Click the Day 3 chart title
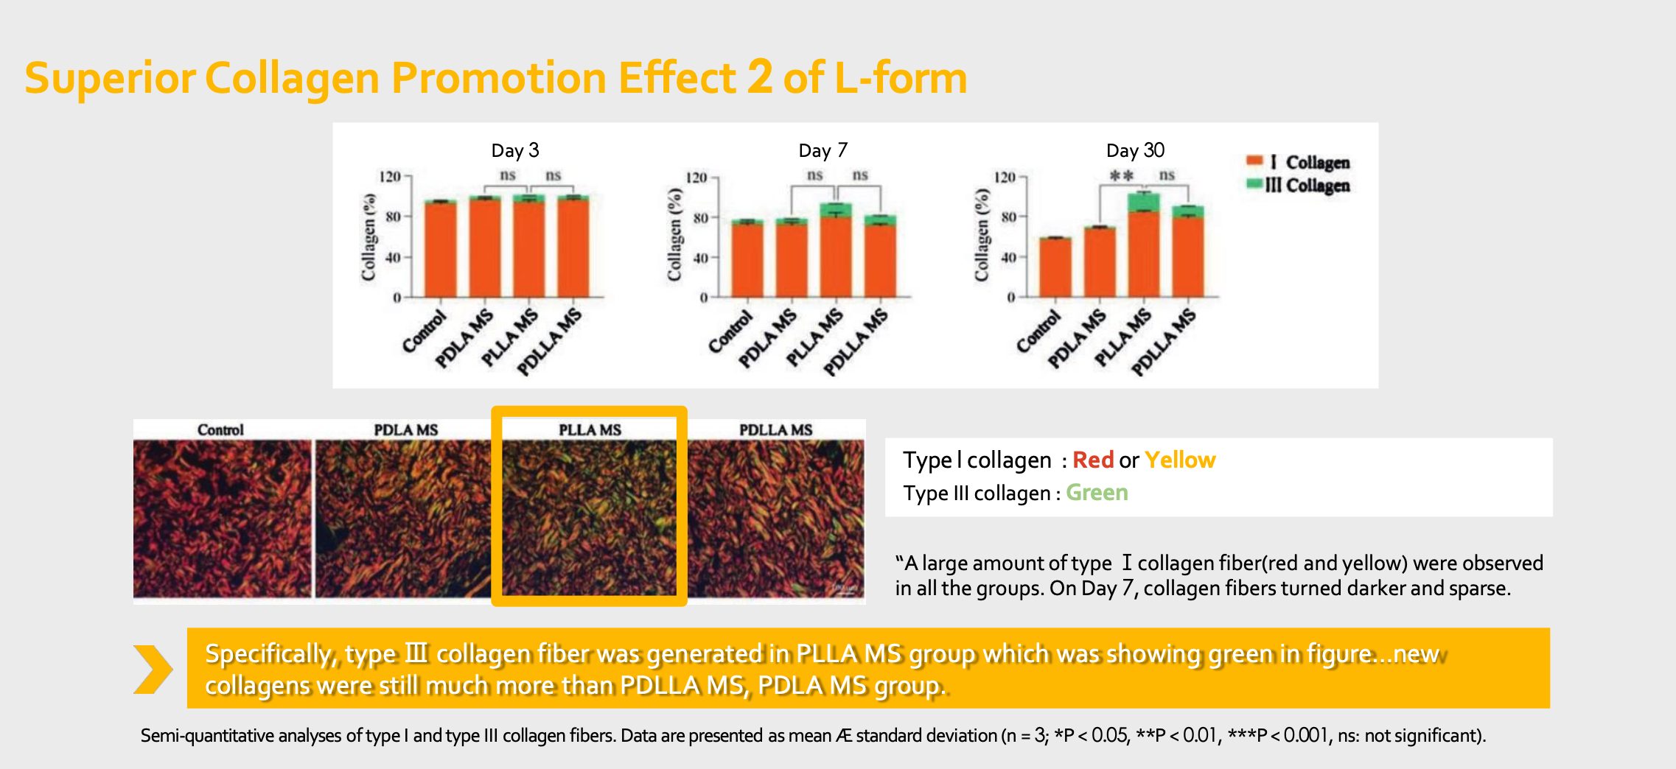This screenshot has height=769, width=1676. click(x=515, y=150)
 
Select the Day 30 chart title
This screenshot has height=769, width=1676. click(x=1135, y=150)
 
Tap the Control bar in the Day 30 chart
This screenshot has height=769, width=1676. click(x=1055, y=267)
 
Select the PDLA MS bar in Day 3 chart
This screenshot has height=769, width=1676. click(x=485, y=247)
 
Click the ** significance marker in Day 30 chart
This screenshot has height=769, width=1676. click(x=1121, y=175)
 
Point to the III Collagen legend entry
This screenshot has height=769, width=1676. click(x=1299, y=185)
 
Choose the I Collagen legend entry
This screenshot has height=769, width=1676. click(x=1299, y=161)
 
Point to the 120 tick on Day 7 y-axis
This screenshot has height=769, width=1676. click(x=696, y=178)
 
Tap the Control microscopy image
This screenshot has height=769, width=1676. click(x=223, y=518)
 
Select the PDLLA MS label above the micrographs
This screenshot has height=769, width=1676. click(x=775, y=429)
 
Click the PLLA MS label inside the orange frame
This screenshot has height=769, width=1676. click(x=590, y=429)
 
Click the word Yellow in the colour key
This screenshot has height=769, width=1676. click(x=1179, y=460)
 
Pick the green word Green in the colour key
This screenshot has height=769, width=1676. click(x=1097, y=492)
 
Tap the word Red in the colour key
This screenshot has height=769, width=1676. click(x=1093, y=460)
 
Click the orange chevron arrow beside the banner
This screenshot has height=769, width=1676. click(x=153, y=669)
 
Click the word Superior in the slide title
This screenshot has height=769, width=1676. click(x=110, y=78)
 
